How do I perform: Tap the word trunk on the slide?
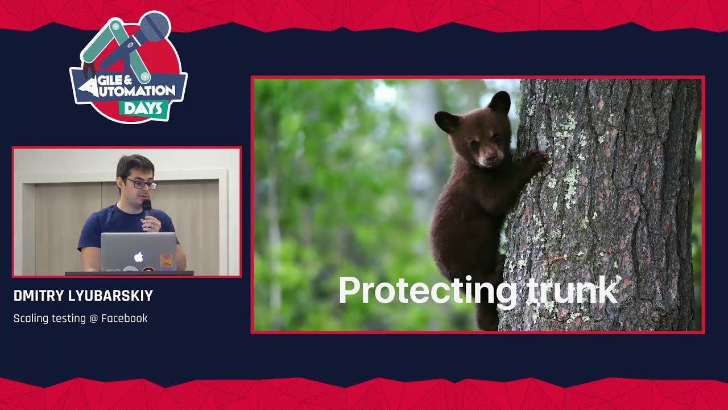572,290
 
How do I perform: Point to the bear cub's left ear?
446,122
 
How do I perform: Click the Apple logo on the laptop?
139,257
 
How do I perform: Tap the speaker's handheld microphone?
147,211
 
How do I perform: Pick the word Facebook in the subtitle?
125,318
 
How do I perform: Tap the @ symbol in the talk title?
93,318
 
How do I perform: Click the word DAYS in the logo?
143,108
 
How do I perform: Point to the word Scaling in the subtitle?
31,318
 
